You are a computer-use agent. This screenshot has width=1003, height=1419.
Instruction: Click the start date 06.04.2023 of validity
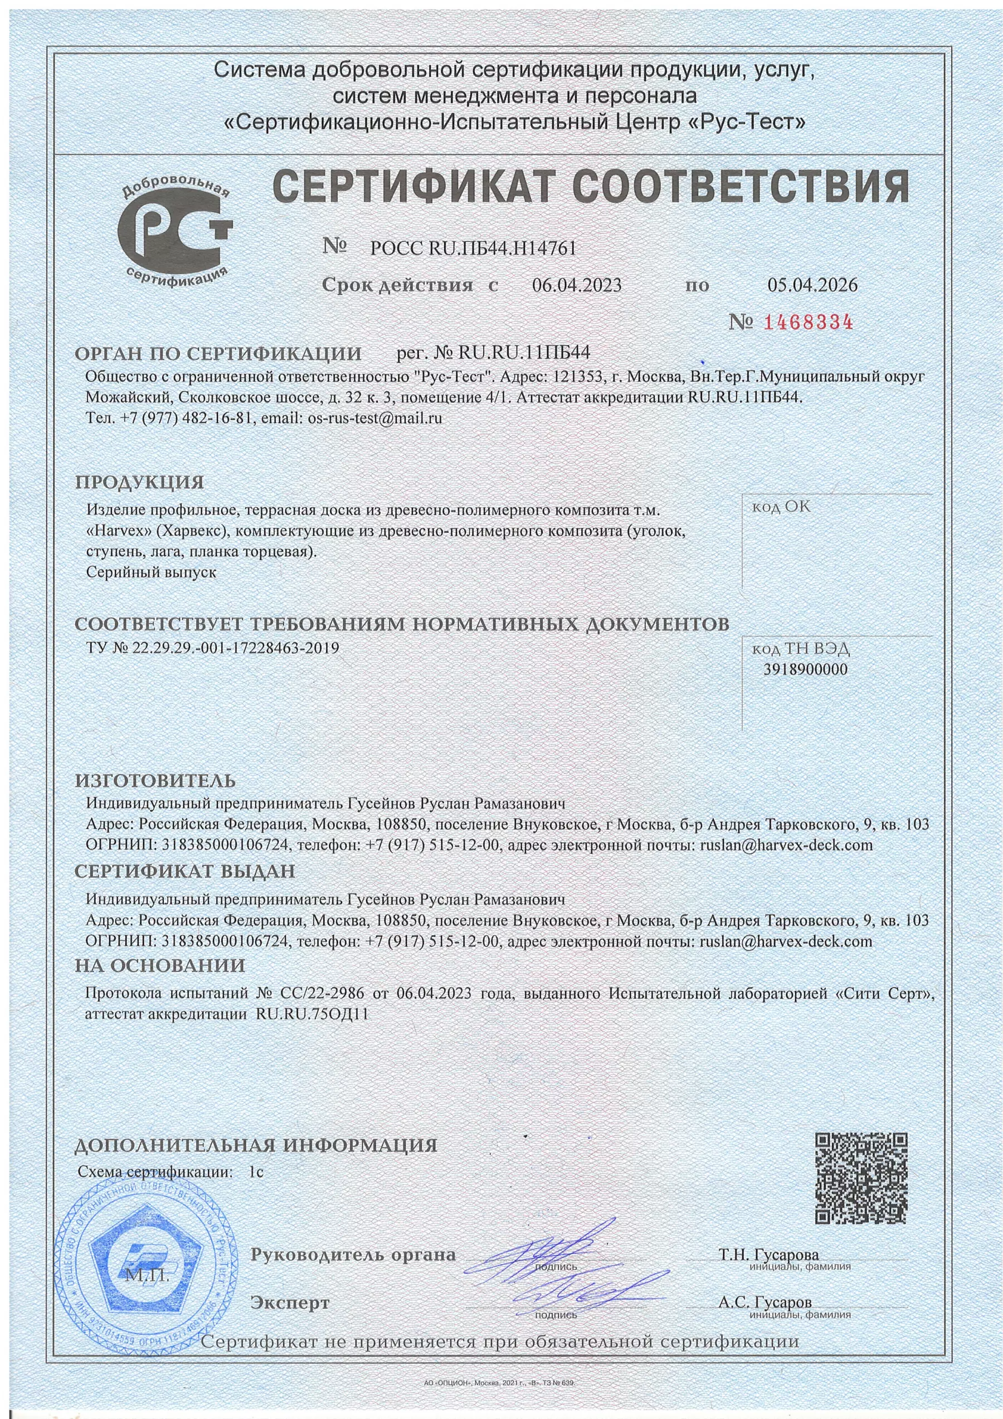577,285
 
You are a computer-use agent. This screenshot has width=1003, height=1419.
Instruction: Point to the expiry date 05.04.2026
812,285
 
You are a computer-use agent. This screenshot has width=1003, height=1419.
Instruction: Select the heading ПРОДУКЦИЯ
139,482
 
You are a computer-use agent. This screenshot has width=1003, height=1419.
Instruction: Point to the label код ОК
780,507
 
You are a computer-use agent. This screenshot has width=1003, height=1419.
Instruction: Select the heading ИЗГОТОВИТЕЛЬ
155,781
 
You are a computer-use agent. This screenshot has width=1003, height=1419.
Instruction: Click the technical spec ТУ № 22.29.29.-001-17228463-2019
214,648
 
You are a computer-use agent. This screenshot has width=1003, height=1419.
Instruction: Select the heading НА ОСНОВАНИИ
160,965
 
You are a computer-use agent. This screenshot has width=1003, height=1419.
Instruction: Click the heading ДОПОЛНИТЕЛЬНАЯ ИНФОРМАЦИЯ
256,1145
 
